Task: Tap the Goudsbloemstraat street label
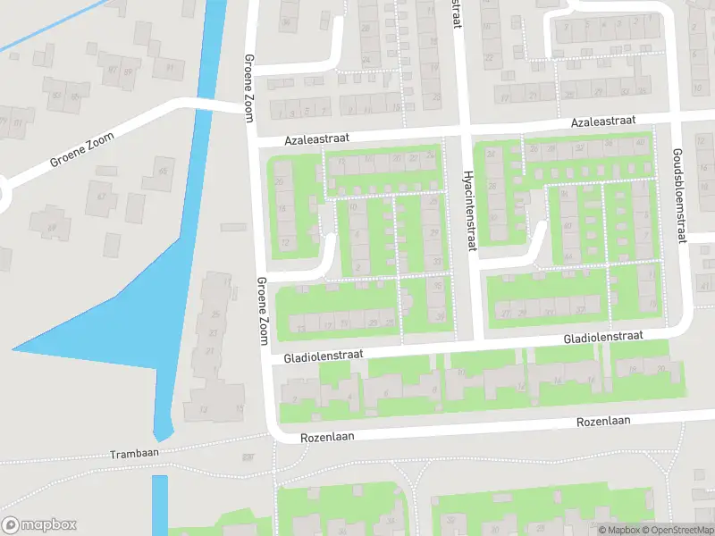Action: [x=678, y=196]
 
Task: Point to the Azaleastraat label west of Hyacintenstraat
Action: [x=316, y=139]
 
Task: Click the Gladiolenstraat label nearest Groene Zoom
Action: [x=323, y=355]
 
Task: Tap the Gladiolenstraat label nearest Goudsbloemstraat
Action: [x=602, y=337]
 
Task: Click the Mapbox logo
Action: [x=39, y=525]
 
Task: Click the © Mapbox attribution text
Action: [x=618, y=530]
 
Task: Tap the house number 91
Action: [x=169, y=67]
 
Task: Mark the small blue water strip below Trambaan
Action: [x=160, y=505]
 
